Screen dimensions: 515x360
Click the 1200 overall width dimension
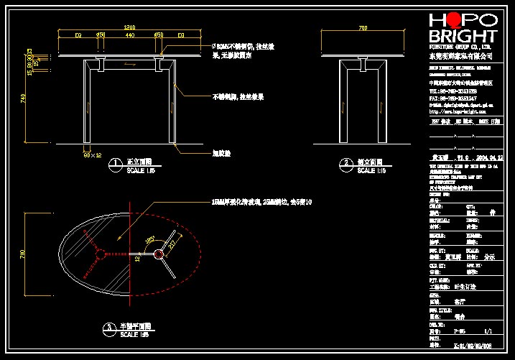click(x=129, y=27)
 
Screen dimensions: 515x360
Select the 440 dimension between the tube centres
click(x=129, y=34)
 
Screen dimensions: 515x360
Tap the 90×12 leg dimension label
click(x=93, y=154)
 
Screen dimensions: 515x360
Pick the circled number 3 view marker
click(x=108, y=328)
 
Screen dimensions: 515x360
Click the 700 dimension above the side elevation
click(x=361, y=27)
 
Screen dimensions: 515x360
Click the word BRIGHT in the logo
click(x=462, y=37)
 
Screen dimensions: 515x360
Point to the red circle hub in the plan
click(x=101, y=253)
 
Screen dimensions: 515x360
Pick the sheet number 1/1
click(x=488, y=332)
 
